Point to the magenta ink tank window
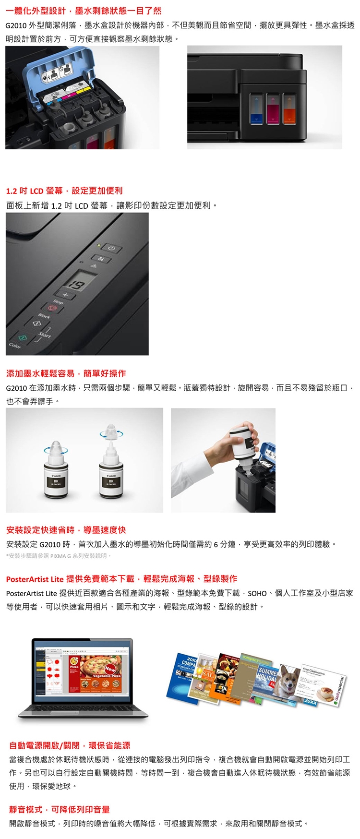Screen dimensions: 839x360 273,108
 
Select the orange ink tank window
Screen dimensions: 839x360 290,108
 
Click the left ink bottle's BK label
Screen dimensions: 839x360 56,480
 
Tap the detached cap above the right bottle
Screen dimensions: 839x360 111,431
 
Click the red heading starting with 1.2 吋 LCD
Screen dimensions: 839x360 64,191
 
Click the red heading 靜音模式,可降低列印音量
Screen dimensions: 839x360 60,809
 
